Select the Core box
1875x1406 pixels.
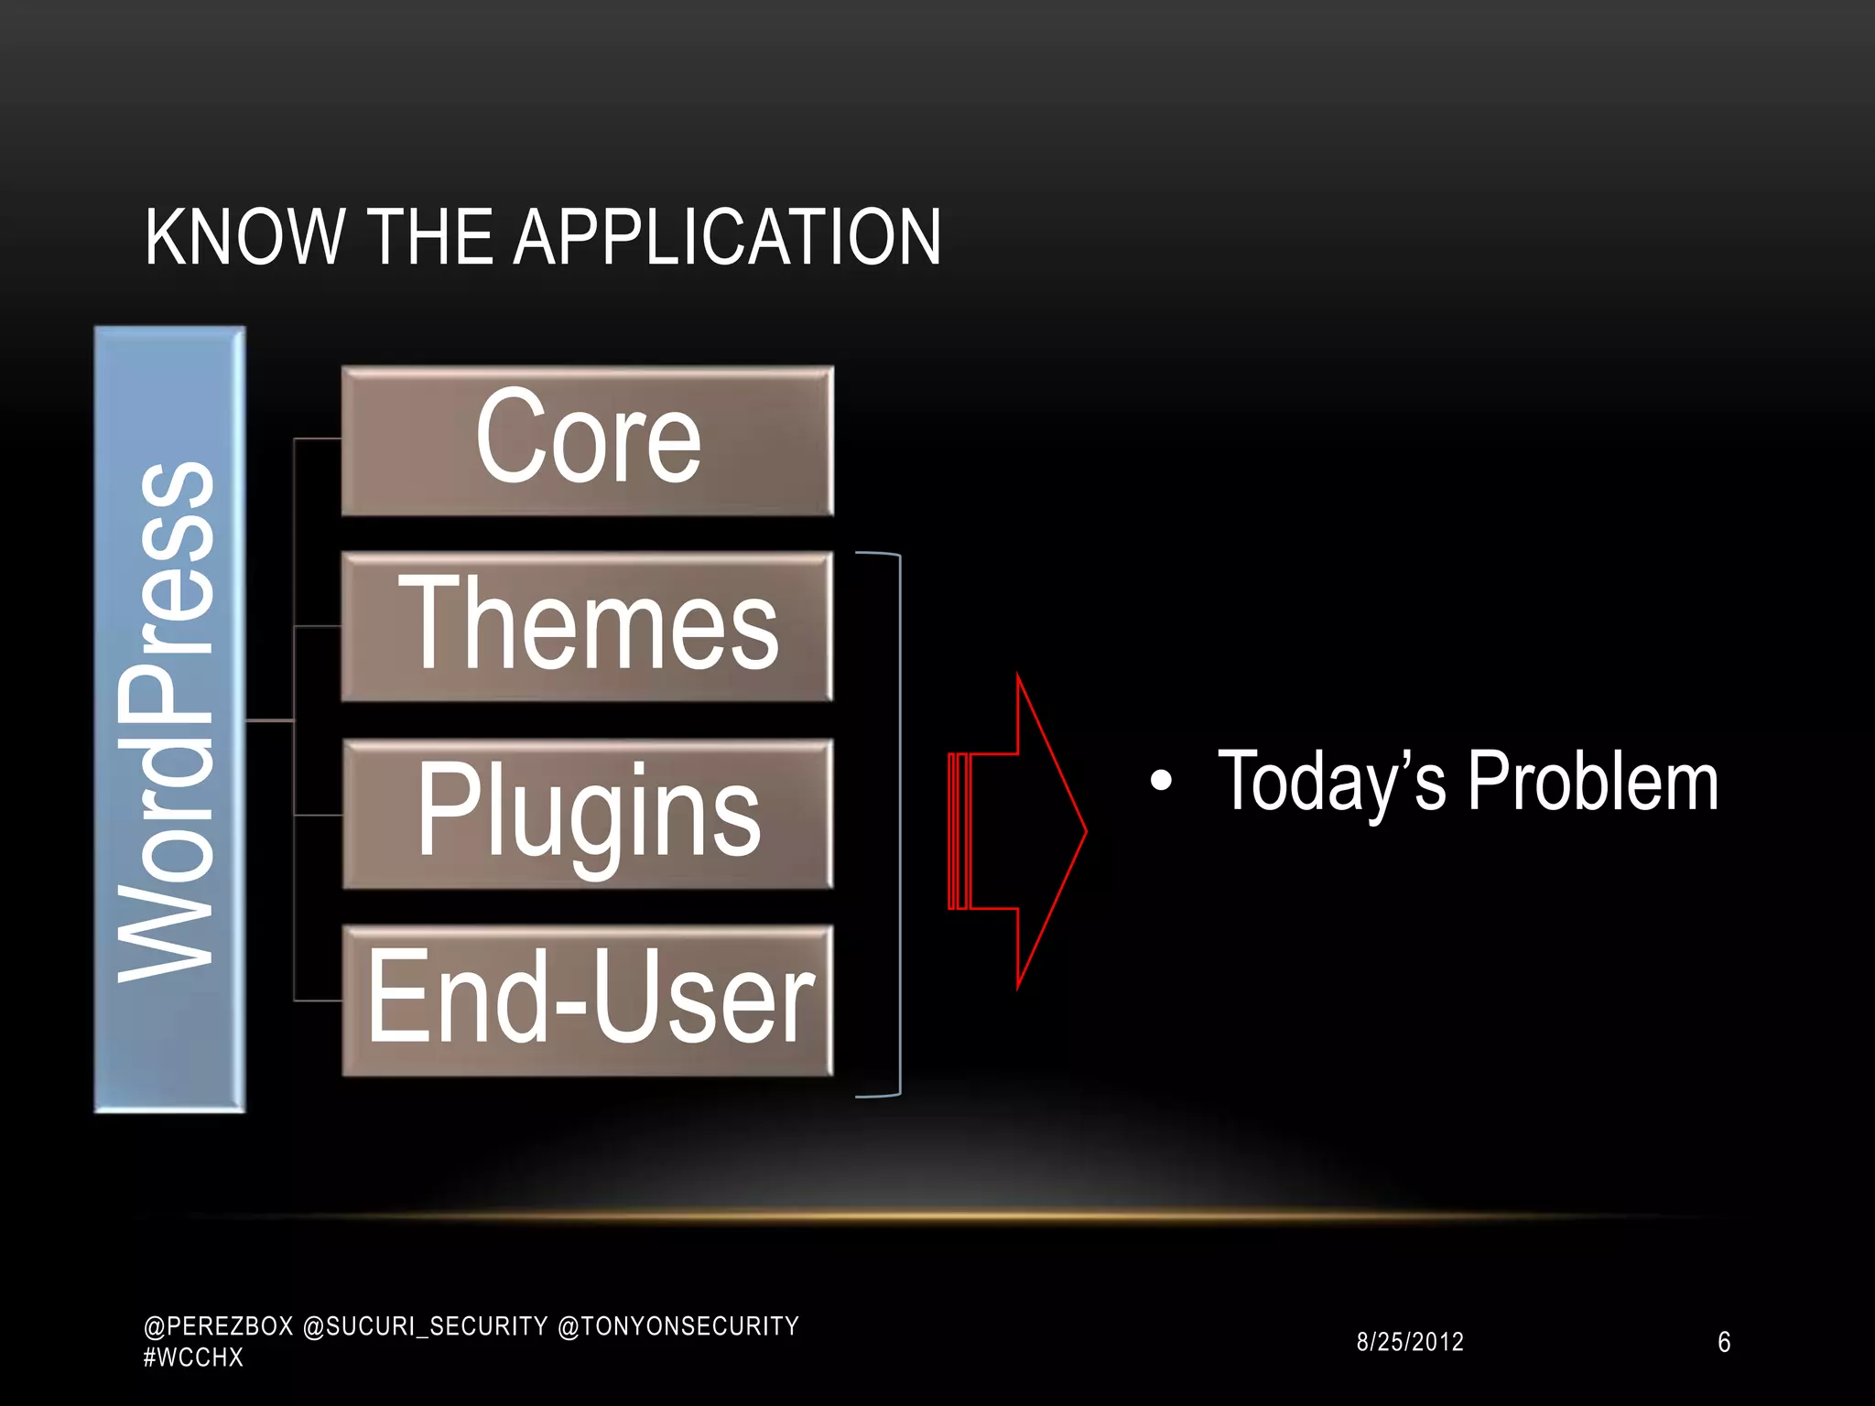pyautogui.click(x=587, y=440)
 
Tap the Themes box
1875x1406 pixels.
pyautogui.click(x=587, y=626)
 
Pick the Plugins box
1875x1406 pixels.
pyautogui.click(x=587, y=814)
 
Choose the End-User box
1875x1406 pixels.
pyautogui.click(x=587, y=1000)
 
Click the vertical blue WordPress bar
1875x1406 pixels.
pyautogui.click(x=170, y=719)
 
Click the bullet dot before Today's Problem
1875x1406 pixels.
pyautogui.click(x=1161, y=781)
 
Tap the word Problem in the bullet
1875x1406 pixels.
pyautogui.click(x=1593, y=782)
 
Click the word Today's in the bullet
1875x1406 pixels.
pyautogui.click(x=1331, y=782)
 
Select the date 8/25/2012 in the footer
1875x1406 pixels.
pyautogui.click(x=1410, y=1342)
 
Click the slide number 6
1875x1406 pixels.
pyautogui.click(x=1724, y=1342)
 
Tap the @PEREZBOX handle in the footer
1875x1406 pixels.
pyautogui.click(x=219, y=1326)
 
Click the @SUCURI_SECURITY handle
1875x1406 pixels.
pyautogui.click(x=425, y=1326)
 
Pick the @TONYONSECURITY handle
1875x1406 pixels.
pyautogui.click(x=678, y=1326)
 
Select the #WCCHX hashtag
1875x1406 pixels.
pyautogui.click(x=193, y=1357)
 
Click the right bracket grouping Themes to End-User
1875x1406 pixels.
pyautogui.click(x=899, y=824)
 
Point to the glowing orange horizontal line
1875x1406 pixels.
pyautogui.click(x=943, y=1217)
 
